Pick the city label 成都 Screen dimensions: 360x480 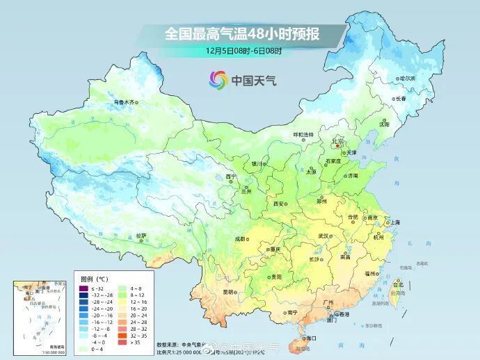(x=240, y=238)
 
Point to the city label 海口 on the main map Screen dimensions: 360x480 (x=309, y=338)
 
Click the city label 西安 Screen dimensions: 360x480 (x=280, y=204)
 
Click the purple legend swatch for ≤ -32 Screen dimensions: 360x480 (x=83, y=288)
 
